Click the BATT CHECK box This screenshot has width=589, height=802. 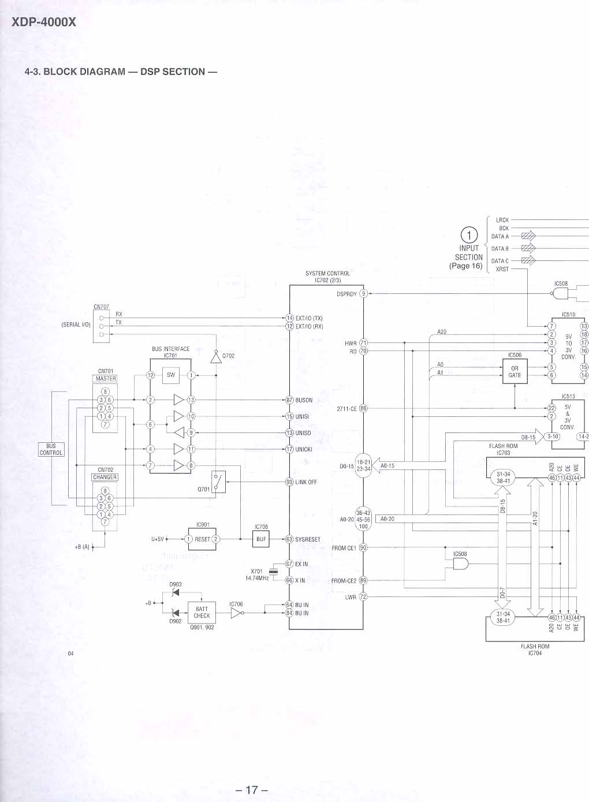(202, 613)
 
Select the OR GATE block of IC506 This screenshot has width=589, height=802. (515, 371)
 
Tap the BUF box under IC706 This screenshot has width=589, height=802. (261, 539)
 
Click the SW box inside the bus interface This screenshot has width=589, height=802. (171, 375)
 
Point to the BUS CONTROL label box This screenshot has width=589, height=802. (51, 449)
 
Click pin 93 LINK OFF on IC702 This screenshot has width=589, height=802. (290, 482)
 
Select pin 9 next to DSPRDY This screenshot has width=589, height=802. (364, 293)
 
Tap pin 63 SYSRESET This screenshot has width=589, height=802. (290, 539)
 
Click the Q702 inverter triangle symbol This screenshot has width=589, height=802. (216, 357)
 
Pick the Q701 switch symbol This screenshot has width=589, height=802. (218, 482)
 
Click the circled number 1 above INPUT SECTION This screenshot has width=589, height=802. (469, 235)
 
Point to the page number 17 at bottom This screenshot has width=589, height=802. (252, 789)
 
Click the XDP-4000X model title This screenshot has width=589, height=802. (39, 23)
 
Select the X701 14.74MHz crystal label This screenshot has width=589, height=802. (257, 575)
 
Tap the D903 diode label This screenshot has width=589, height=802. (176, 584)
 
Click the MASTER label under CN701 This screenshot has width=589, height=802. (106, 379)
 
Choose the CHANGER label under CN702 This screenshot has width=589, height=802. (105, 478)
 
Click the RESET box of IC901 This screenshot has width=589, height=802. (202, 539)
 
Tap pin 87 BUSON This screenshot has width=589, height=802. (290, 400)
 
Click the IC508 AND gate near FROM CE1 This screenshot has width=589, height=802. (460, 565)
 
